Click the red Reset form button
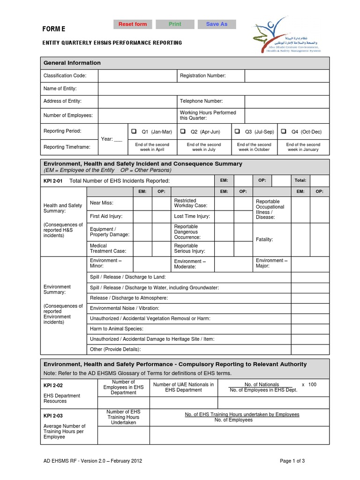coord(132,24)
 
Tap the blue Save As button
coord(217,24)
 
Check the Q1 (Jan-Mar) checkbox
coord(134,132)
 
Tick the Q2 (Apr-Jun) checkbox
coord(183,132)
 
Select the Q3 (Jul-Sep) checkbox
coord(238,132)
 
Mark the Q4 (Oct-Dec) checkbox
coord(284,132)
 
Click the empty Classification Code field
coord(137,76)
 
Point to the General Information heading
coord(72,63)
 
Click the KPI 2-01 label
coord(53,180)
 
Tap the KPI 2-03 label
coord(53,415)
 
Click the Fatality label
coord(264,240)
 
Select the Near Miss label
coord(102,203)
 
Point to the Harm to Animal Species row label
coord(117,329)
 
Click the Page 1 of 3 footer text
coord(292,461)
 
